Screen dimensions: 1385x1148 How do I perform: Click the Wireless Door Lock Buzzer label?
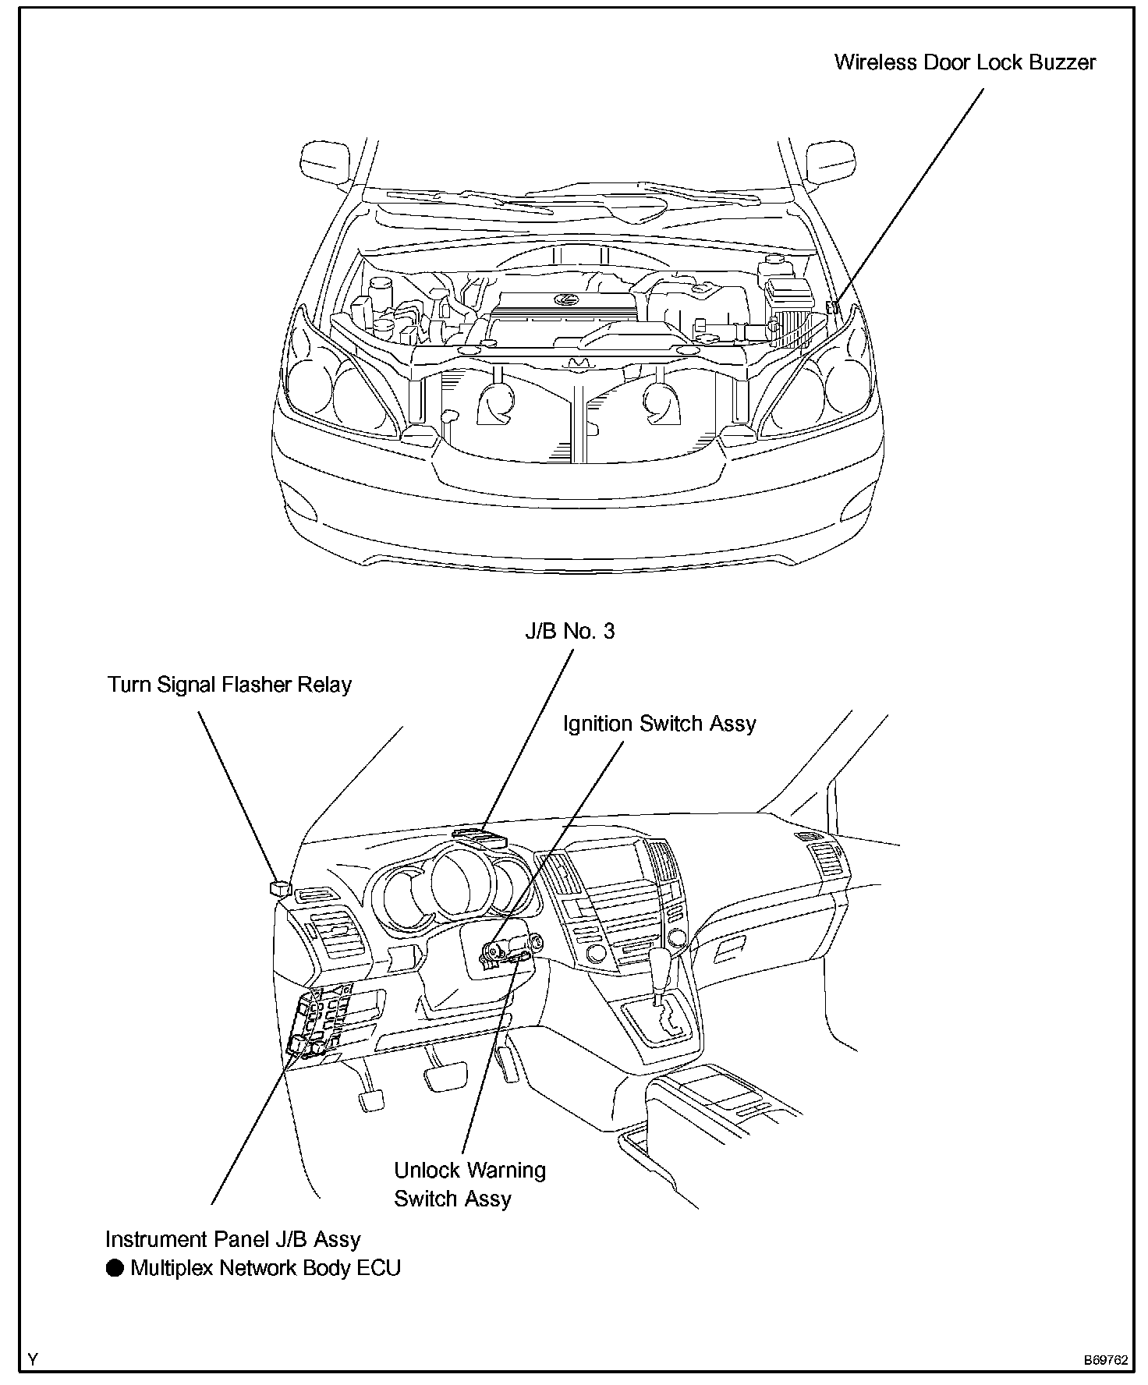965,62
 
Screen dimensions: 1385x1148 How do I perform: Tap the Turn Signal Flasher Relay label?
229,685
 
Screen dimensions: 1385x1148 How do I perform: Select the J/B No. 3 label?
569,631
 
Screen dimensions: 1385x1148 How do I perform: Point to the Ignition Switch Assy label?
659,724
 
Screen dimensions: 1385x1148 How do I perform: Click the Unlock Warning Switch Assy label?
469,1184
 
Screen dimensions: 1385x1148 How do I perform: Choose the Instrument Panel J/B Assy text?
232,1239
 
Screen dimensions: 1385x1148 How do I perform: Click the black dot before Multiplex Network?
115,1268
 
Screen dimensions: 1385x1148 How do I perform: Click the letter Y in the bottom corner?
33,1360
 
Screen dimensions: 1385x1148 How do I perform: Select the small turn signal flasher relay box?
278,887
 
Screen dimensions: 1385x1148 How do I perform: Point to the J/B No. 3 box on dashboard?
480,838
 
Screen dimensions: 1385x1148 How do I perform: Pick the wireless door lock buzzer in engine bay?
833,306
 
